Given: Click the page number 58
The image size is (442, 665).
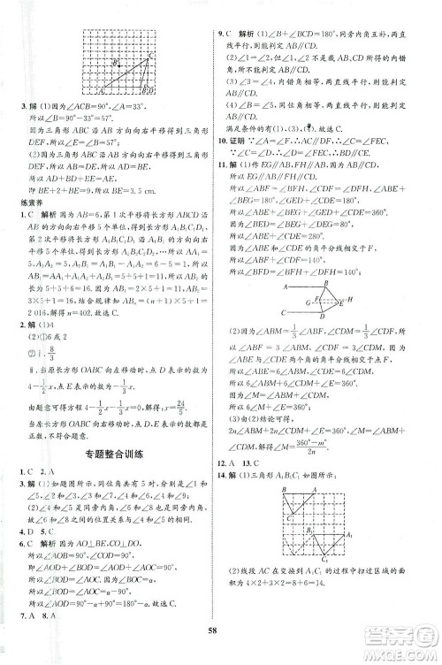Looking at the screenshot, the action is [x=220, y=638].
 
